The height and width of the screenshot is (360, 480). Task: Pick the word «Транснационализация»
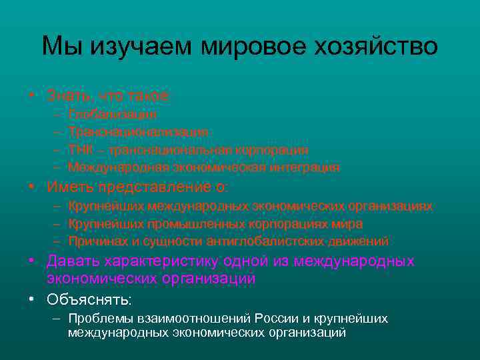[138, 133]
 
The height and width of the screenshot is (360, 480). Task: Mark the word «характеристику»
[159, 261]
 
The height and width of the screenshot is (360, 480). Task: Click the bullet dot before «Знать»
[32, 95]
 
